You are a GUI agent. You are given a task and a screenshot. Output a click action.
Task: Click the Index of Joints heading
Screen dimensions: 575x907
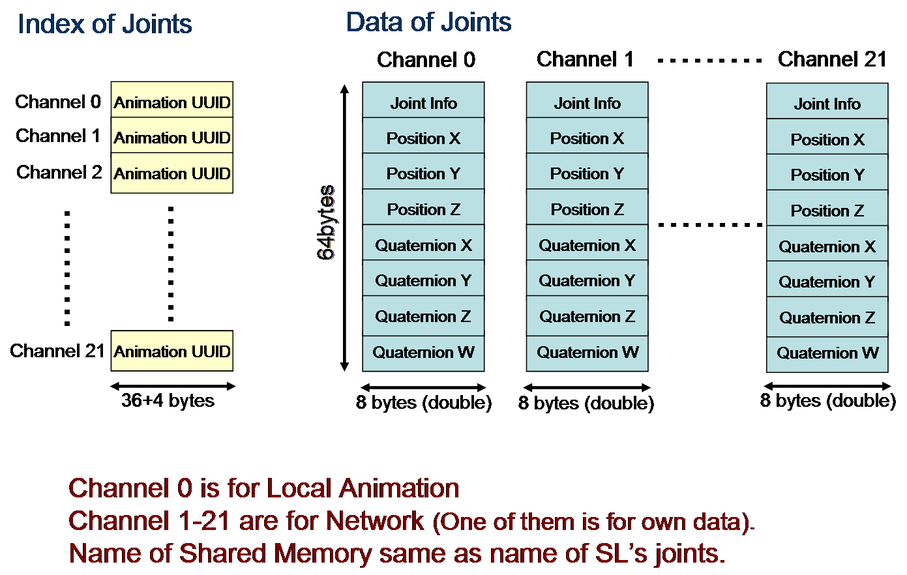pyautogui.click(x=104, y=25)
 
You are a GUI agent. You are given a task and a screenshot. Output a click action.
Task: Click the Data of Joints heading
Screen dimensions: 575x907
pyautogui.click(x=428, y=22)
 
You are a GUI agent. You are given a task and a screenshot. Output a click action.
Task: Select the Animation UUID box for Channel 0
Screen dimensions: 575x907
pyautogui.click(x=172, y=102)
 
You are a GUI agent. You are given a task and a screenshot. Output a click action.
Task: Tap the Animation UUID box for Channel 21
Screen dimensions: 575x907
pyautogui.click(x=172, y=351)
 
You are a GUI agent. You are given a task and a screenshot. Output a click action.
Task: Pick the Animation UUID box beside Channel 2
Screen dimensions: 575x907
pyautogui.click(x=172, y=173)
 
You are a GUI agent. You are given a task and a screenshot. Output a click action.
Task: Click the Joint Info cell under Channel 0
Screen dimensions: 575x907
pyautogui.click(x=423, y=103)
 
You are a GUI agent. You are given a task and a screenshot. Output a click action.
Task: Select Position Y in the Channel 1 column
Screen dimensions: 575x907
pyautogui.click(x=587, y=174)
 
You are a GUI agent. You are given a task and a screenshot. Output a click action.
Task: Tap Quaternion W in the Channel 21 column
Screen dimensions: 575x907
pyautogui.click(x=827, y=353)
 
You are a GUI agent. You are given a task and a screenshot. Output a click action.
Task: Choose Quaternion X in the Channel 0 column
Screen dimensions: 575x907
pyautogui.click(x=423, y=245)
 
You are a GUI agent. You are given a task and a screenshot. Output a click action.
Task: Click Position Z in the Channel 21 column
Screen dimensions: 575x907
pyautogui.click(x=827, y=211)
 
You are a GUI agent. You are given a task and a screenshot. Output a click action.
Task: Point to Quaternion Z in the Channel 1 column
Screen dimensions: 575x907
pyautogui.click(x=587, y=316)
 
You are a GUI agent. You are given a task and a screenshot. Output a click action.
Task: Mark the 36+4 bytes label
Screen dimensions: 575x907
pyautogui.click(x=168, y=400)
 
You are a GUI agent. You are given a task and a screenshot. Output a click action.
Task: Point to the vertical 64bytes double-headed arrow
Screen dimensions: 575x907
pyautogui.click(x=345, y=228)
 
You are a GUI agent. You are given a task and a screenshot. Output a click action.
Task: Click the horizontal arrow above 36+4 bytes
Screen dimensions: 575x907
pyautogui.click(x=172, y=386)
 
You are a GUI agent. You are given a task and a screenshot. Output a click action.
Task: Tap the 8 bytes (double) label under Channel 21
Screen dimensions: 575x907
pyautogui.click(x=827, y=400)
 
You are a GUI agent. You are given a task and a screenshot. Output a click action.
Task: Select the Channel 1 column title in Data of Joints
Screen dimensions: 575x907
pyautogui.click(x=585, y=59)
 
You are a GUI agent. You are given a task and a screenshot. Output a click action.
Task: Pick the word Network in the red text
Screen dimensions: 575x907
pyautogui.click(x=375, y=521)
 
